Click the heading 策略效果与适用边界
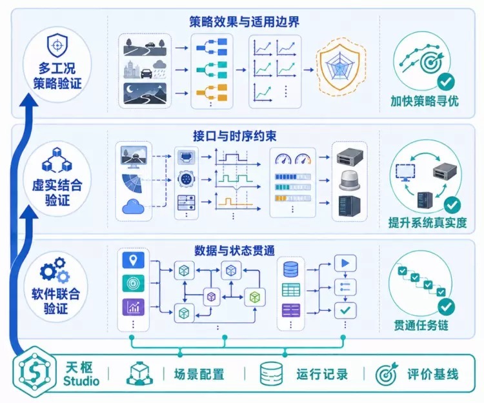244,22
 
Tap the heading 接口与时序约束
235,136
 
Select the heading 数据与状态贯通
235,251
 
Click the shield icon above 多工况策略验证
57,45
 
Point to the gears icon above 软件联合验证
55,271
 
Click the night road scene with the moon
145,93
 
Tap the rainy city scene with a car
145,70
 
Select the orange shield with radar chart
339,70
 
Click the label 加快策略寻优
425,101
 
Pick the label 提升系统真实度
427,222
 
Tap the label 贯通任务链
421,325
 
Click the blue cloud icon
134,206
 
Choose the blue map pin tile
134,260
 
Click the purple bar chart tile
134,307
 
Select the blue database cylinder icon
290,269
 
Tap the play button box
345,263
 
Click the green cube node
255,297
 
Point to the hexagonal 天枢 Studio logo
34,372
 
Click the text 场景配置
199,375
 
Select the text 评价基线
433,375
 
